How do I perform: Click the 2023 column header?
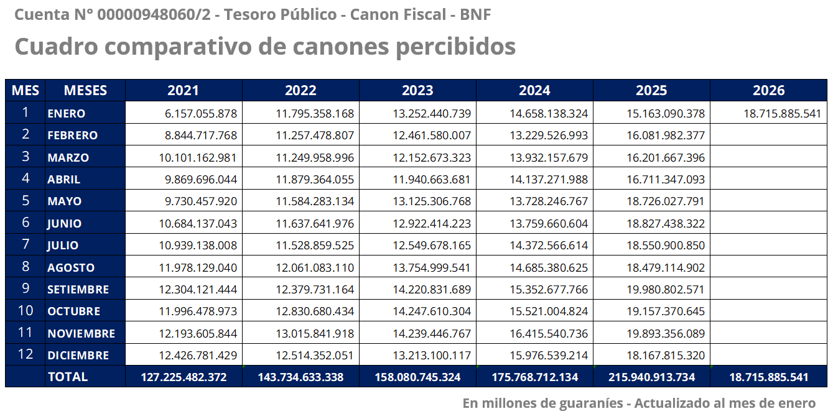[417, 90]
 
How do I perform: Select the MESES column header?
[85, 90]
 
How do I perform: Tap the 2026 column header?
[768, 90]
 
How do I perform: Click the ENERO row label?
[67, 114]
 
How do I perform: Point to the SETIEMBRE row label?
[78, 289]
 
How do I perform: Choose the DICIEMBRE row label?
[78, 355]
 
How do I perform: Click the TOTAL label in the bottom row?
[68, 377]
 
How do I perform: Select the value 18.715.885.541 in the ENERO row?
[782, 114]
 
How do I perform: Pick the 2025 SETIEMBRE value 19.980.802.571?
[666, 289]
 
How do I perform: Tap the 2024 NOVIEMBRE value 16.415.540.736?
[549, 333]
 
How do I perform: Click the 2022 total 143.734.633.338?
[300, 377]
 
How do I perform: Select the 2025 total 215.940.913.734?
[651, 377]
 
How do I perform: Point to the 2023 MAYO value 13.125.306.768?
[432, 201]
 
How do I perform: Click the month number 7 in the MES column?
[26, 244]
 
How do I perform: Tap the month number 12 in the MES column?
[26, 354]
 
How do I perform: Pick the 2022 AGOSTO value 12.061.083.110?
[315, 267]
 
